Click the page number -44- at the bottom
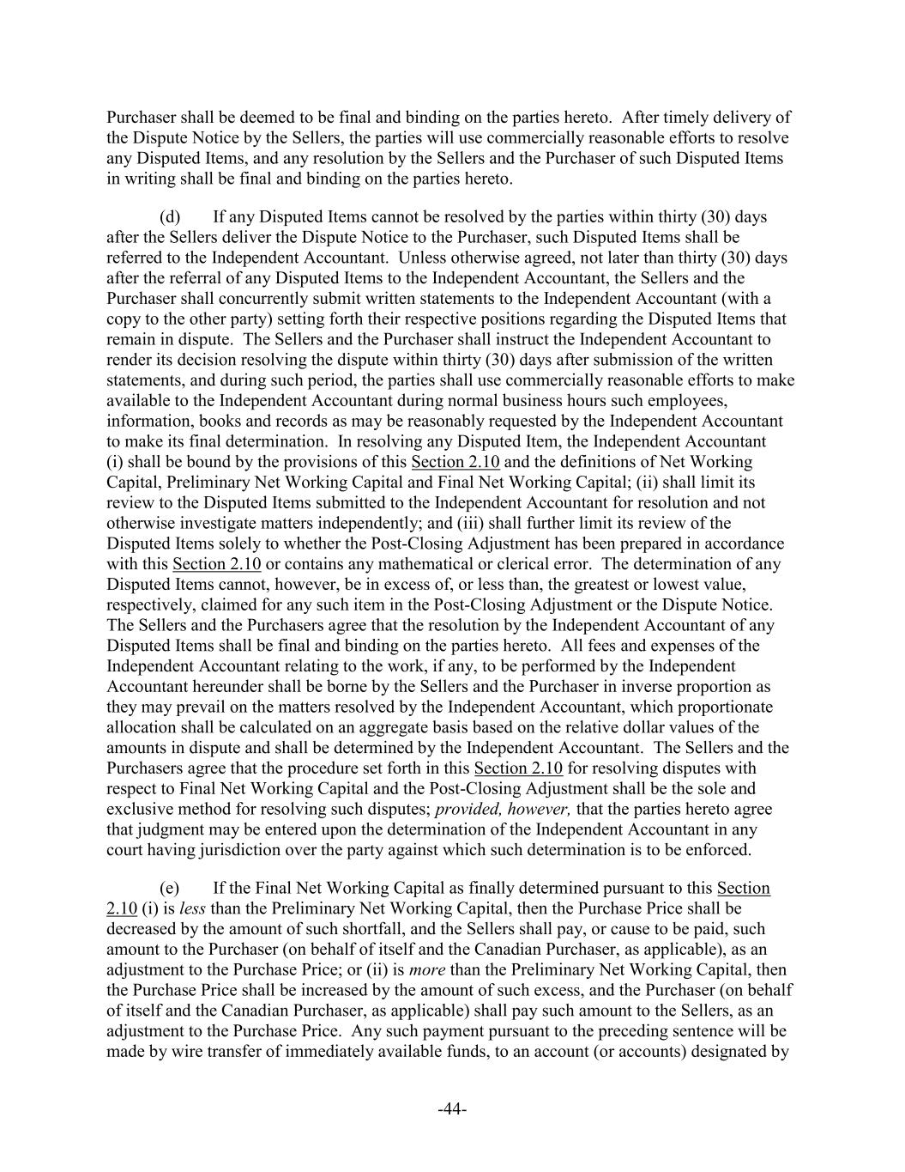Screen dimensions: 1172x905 [452, 1109]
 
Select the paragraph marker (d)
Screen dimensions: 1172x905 [170, 216]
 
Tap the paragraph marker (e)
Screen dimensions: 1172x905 [170, 888]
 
